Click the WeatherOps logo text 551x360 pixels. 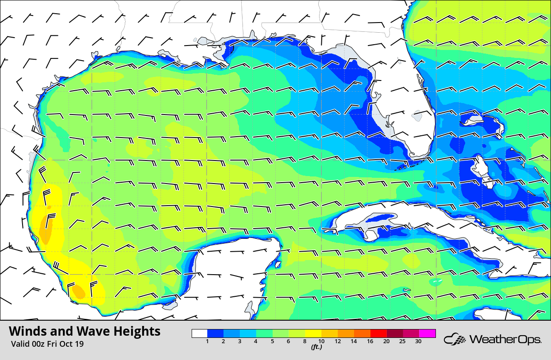click(505, 340)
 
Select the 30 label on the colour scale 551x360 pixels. click(418, 341)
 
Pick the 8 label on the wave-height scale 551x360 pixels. click(305, 341)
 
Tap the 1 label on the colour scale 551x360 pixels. click(207, 341)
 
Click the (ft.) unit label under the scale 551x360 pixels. click(316, 347)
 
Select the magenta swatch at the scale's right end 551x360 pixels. click(428, 333)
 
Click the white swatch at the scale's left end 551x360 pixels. click(200, 333)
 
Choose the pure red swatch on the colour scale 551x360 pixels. click(378, 333)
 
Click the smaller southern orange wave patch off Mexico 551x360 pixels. click(79, 291)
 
